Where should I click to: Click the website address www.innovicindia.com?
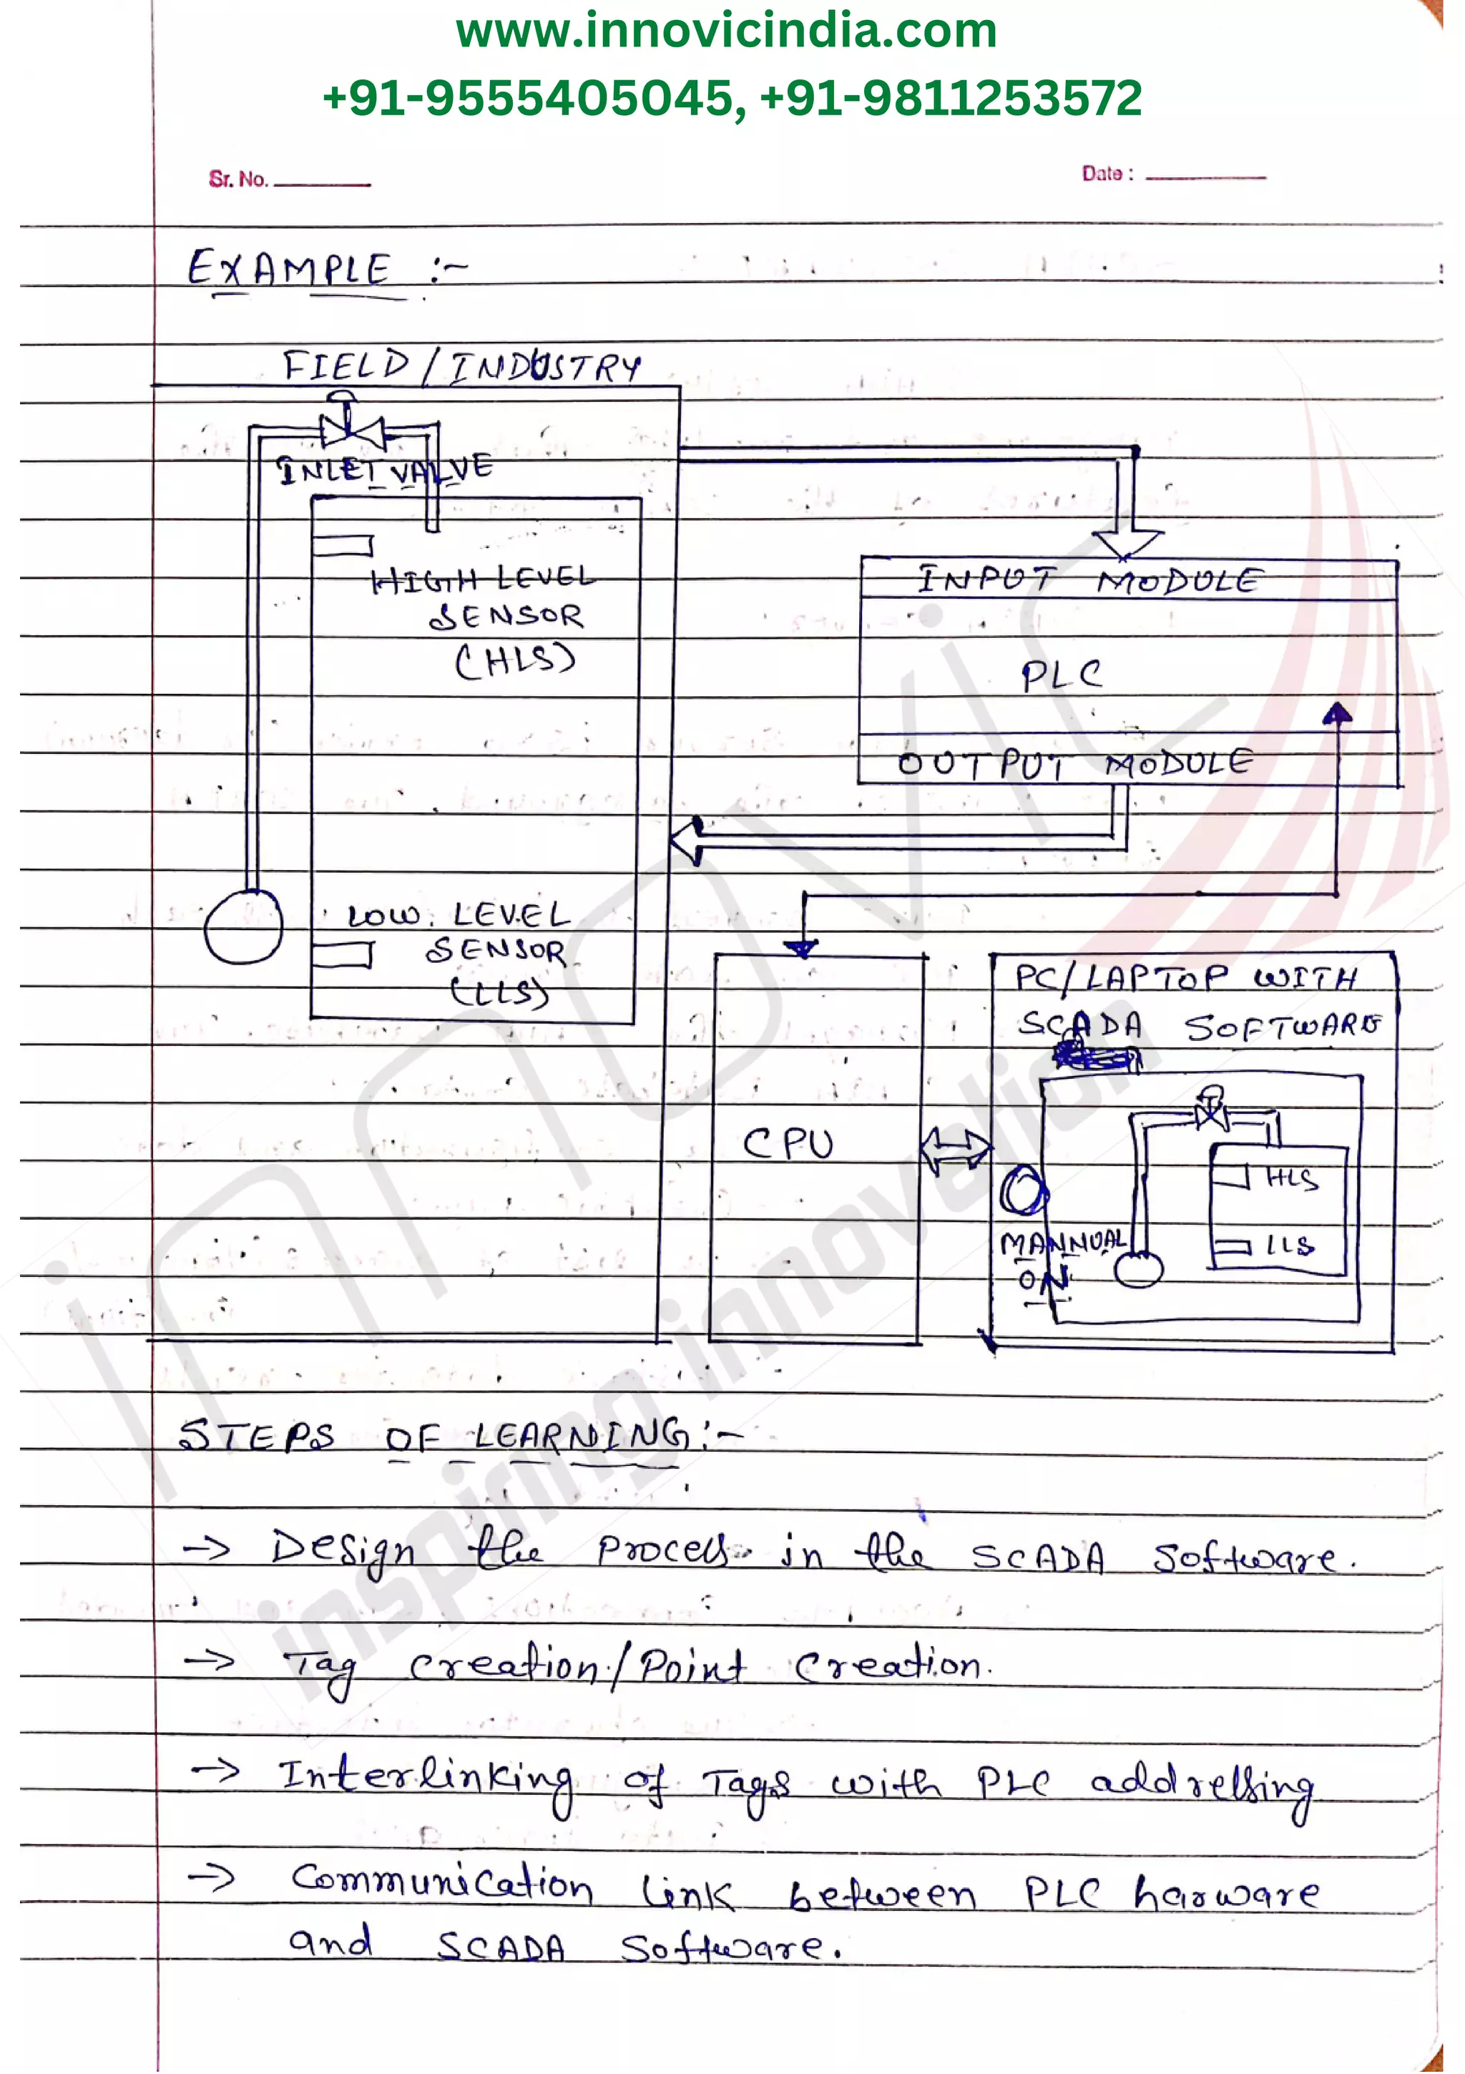(726, 31)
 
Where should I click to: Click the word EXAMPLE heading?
(289, 269)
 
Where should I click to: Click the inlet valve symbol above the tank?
(352, 429)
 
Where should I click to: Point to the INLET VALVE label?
(385, 469)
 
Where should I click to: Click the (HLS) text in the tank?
(515, 661)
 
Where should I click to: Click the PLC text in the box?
(1062, 675)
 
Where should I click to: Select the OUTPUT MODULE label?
(1075, 763)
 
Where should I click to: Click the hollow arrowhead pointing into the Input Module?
(1127, 543)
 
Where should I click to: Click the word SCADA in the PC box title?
(1080, 1025)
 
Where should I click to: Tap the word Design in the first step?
(343, 1552)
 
